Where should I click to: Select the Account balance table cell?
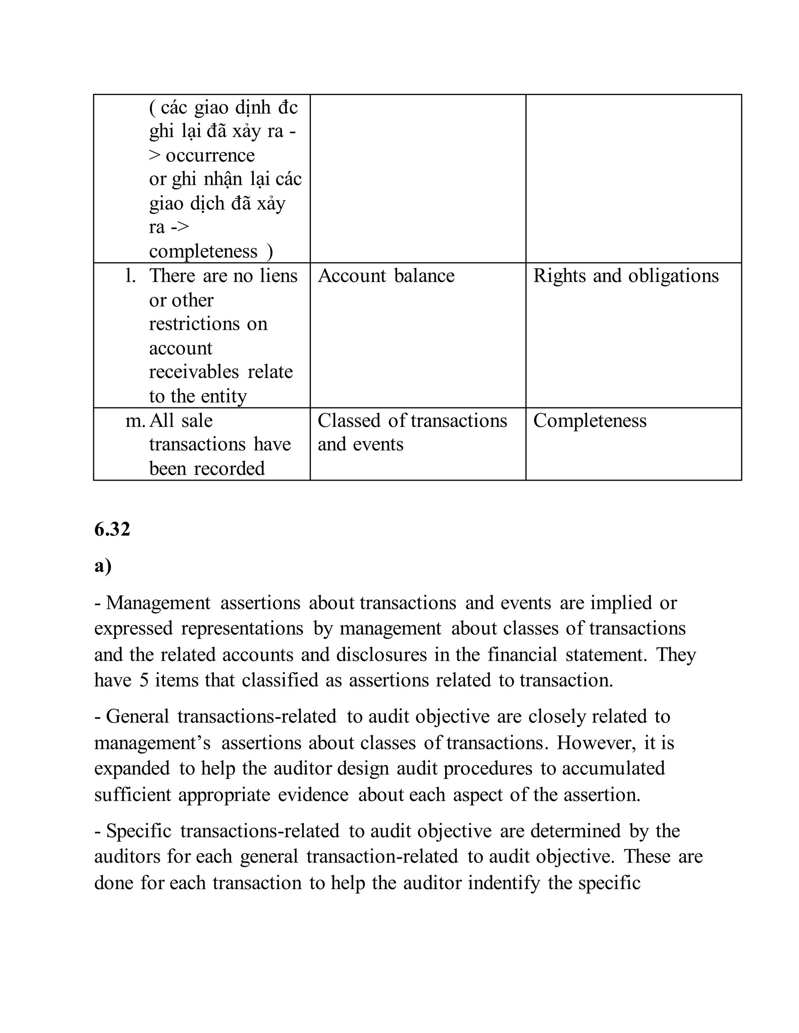[x=386, y=276]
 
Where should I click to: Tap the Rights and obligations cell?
[x=626, y=276]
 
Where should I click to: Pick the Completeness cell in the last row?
[x=590, y=421]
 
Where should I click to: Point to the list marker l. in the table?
[x=130, y=276]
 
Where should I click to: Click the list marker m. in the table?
[x=135, y=421]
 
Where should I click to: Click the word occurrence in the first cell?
[x=210, y=155]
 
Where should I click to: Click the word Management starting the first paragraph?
[x=158, y=603]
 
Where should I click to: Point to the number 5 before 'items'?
[x=144, y=680]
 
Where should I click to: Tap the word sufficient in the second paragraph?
[x=133, y=794]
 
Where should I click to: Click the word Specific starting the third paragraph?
[x=138, y=831]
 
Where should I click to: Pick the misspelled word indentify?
[x=504, y=883]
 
